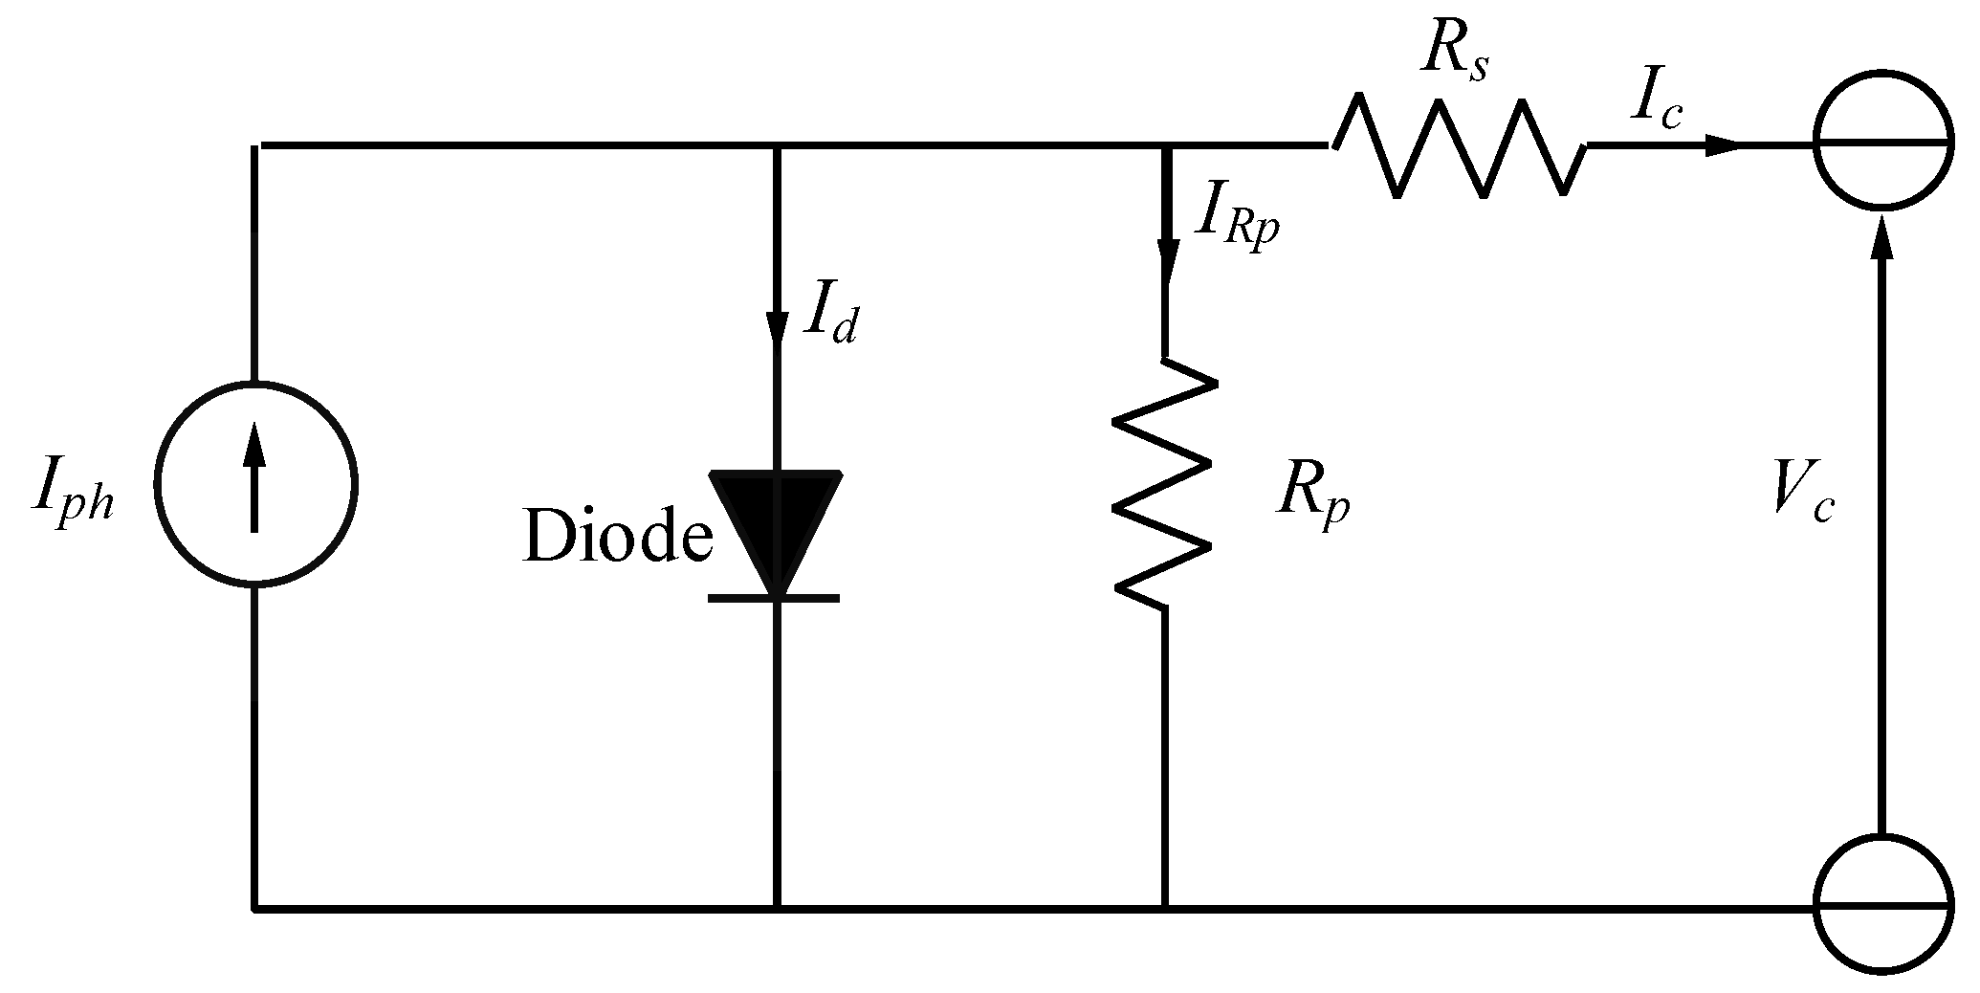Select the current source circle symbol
pos(255,483)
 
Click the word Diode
pos(617,538)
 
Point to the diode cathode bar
pos(774,599)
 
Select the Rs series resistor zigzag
pos(1458,149)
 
